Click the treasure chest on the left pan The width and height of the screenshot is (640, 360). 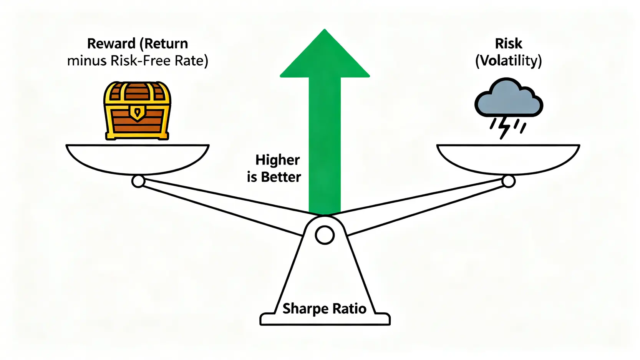(137, 111)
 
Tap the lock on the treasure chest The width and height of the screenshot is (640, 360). (137, 113)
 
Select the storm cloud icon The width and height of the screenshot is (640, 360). (508, 98)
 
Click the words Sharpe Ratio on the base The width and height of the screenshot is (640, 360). (324, 309)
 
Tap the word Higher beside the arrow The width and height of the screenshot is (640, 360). (277, 160)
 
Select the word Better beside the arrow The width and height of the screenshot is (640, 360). (281, 177)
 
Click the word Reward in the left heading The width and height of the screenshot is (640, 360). (111, 44)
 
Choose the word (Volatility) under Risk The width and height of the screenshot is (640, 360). (508, 61)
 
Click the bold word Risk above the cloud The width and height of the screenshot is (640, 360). (508, 44)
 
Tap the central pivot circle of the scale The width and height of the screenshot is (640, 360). (325, 235)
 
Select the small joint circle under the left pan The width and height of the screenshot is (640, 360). (138, 181)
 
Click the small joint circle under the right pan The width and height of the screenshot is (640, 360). (508, 181)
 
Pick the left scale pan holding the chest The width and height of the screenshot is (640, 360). (137, 158)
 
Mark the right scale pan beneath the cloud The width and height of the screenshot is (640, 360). (508, 158)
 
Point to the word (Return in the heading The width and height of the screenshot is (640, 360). (164, 44)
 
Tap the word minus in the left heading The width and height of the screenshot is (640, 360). (87, 61)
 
